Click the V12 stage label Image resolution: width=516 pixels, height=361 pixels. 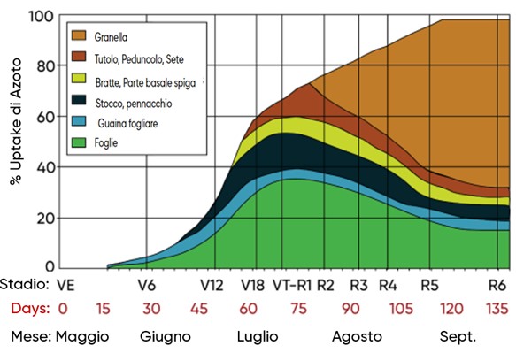coord(212,287)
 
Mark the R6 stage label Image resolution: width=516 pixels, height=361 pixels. coord(497,287)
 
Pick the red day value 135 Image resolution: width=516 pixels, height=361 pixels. coord(497,309)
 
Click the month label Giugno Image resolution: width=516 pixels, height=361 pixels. coord(165,337)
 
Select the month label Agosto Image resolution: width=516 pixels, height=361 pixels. coord(357,337)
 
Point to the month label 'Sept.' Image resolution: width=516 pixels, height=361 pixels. coord(458,337)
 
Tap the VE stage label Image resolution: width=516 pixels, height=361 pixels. coord(64,287)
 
